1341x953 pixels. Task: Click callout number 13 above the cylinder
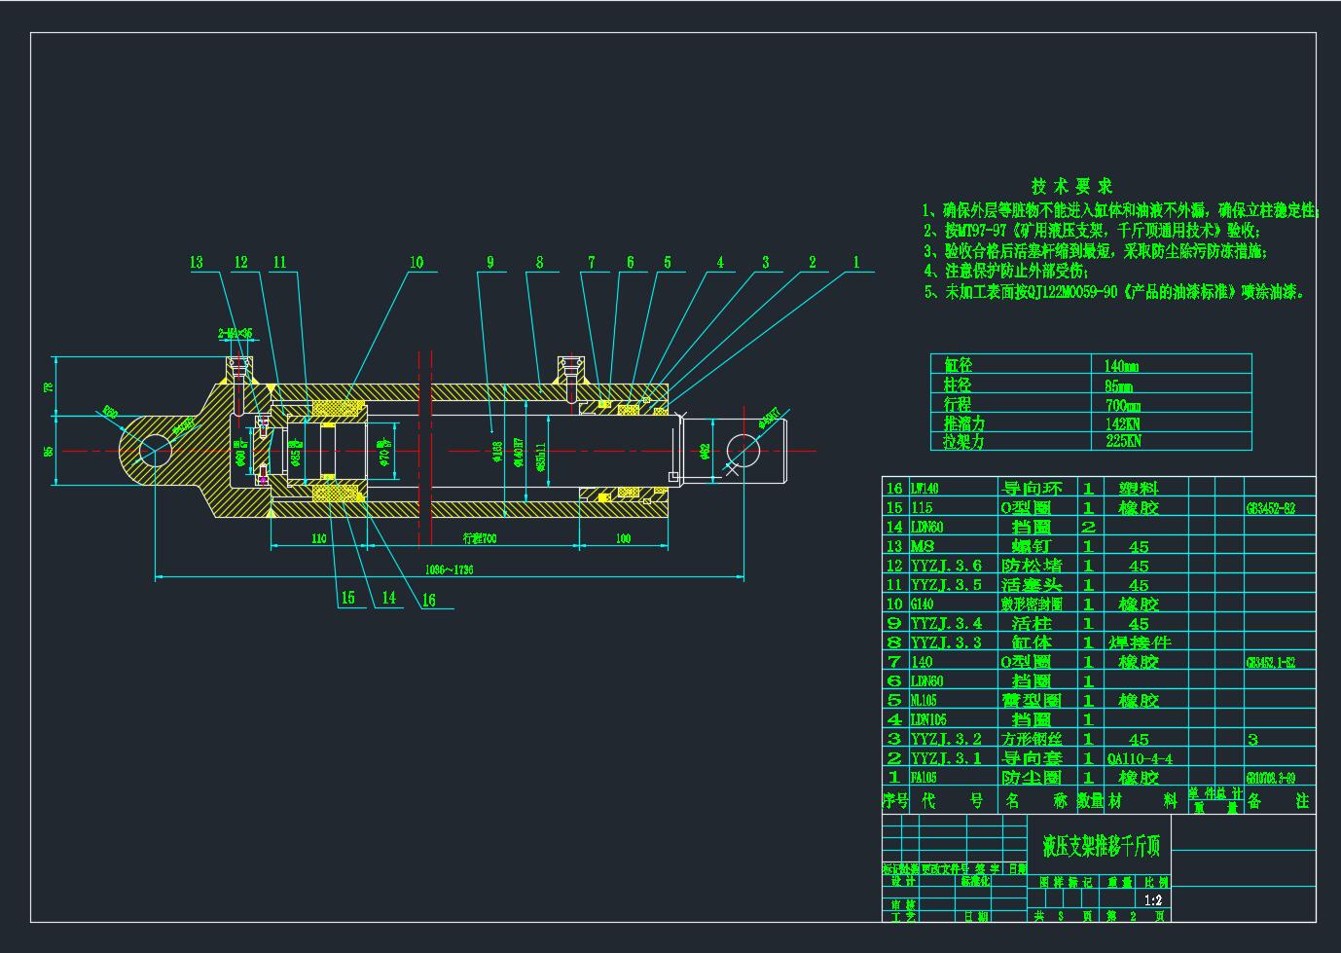[x=197, y=262]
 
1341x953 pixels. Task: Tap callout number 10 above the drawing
[x=417, y=262]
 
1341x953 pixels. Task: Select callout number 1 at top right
[x=856, y=262]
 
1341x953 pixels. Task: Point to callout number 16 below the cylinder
[x=429, y=601]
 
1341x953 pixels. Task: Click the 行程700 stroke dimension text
[x=479, y=538]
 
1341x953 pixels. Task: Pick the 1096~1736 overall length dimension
[x=450, y=569]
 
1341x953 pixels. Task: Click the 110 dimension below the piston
[x=318, y=538]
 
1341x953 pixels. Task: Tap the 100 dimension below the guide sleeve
[x=623, y=538]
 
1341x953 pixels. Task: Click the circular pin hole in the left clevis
[x=155, y=451]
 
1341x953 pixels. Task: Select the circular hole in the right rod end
[x=743, y=451]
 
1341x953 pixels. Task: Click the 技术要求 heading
[x=1071, y=186]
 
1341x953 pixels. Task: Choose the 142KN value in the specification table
[x=1122, y=423]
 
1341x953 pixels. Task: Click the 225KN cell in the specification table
[x=1122, y=441]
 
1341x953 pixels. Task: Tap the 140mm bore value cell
[x=1121, y=366]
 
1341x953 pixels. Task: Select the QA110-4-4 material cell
[x=1140, y=758]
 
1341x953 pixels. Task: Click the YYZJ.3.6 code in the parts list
[x=946, y=566]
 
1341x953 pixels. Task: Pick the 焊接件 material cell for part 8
[x=1140, y=642]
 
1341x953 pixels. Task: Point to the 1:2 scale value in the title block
[x=1154, y=900]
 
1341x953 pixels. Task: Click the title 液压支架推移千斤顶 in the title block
[x=1102, y=846]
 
